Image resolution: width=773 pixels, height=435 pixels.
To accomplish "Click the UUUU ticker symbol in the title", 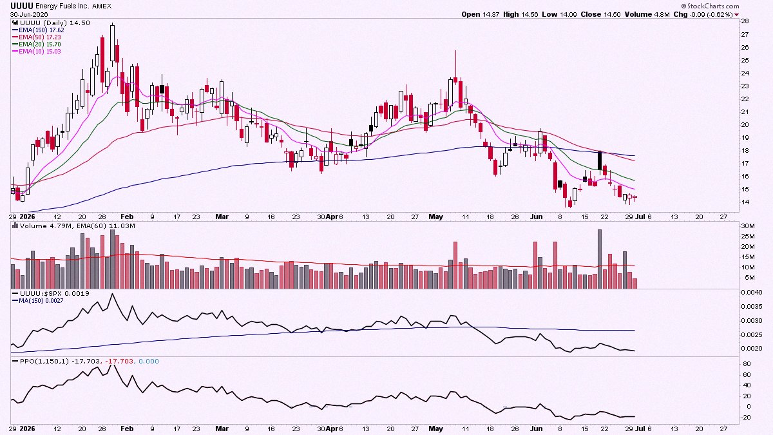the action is point(22,6).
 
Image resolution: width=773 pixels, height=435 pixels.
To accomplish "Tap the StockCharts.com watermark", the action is point(708,6).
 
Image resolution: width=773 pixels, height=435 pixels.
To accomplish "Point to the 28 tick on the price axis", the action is point(745,21).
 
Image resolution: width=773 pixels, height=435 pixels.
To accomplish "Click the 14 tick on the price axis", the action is point(745,202).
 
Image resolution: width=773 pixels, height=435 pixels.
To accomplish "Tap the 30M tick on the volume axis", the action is point(748,226).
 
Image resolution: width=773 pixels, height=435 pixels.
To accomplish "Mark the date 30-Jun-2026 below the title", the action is point(29,14).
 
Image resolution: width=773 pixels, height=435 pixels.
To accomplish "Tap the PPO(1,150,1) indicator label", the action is point(44,361).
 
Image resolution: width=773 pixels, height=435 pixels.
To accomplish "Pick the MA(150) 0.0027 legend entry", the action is point(41,301).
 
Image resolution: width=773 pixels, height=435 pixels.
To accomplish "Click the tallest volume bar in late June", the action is point(600,259).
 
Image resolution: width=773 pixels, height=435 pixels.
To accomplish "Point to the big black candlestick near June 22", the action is point(600,160).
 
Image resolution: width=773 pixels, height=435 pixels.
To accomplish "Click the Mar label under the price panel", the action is point(222,217).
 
